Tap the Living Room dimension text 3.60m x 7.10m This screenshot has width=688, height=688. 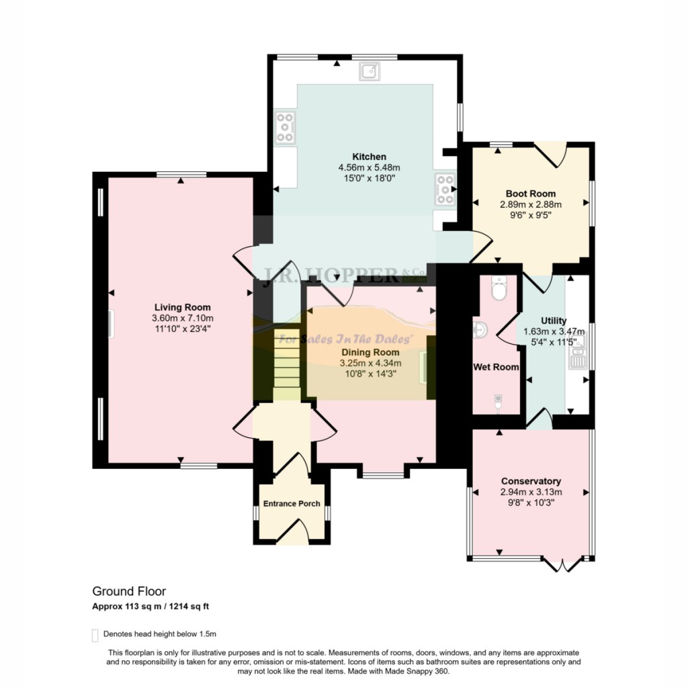coord(182,318)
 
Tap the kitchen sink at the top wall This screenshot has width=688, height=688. coord(370,70)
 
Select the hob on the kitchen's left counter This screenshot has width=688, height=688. coord(286,127)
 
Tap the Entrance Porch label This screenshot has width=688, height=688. coord(292,503)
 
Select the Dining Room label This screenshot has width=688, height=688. coord(370,352)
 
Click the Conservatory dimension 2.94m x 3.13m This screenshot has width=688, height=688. coord(531,492)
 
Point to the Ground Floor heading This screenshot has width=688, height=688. coord(129,591)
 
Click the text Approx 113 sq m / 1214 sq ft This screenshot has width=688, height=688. coord(151,607)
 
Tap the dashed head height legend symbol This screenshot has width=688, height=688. coord(95,634)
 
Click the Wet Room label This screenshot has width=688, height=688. coord(496,367)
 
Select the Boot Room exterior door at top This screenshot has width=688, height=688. coord(552,154)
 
